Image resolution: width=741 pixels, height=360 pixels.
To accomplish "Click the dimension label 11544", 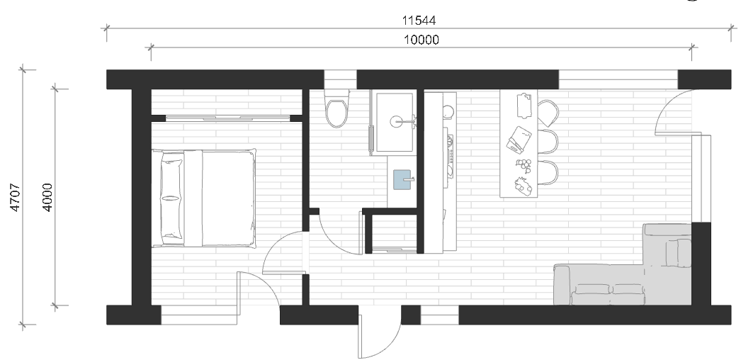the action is click(419, 21).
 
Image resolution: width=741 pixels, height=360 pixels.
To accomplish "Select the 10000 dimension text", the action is click(421, 40).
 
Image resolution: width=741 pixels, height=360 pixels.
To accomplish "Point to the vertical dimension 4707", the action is click(15, 197).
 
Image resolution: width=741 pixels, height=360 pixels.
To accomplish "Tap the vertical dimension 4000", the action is click(47, 197).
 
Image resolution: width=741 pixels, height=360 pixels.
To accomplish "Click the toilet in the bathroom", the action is click(336, 108).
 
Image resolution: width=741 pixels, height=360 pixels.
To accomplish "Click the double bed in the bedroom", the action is click(204, 198).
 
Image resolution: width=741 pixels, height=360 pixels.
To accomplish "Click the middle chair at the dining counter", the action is click(548, 142).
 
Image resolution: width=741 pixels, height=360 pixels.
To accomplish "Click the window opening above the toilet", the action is click(340, 79).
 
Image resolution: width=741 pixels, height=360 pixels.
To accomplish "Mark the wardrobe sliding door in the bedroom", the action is click(228, 118).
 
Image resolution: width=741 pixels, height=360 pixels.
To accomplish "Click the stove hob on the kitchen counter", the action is click(449, 156).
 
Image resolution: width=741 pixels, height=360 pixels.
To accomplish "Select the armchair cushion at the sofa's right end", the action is click(679, 253).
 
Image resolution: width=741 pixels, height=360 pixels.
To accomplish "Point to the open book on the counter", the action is click(519, 140).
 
